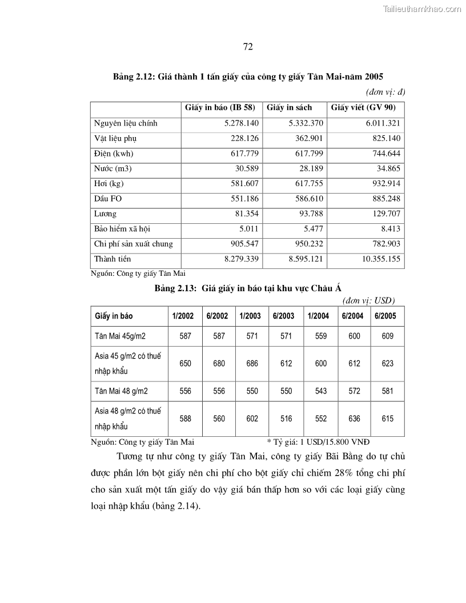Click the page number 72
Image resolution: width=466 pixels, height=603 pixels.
click(x=248, y=47)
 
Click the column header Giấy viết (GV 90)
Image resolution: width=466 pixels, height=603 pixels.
click(x=363, y=107)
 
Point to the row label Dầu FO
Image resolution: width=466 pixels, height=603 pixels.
click(x=108, y=199)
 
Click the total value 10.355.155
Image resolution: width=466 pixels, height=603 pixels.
click(x=379, y=259)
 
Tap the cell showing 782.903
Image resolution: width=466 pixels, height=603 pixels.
click(x=385, y=244)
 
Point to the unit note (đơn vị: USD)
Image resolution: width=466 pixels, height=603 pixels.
click(x=368, y=300)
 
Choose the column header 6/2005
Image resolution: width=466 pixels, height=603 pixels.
click(x=388, y=316)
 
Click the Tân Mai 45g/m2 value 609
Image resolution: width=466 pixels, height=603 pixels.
click(x=388, y=336)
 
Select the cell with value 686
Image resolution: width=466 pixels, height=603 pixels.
click(x=252, y=364)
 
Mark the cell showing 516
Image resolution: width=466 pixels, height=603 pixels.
click(x=286, y=419)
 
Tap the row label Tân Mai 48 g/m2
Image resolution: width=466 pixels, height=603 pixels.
click(x=120, y=391)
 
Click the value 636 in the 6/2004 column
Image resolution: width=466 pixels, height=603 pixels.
click(x=354, y=419)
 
